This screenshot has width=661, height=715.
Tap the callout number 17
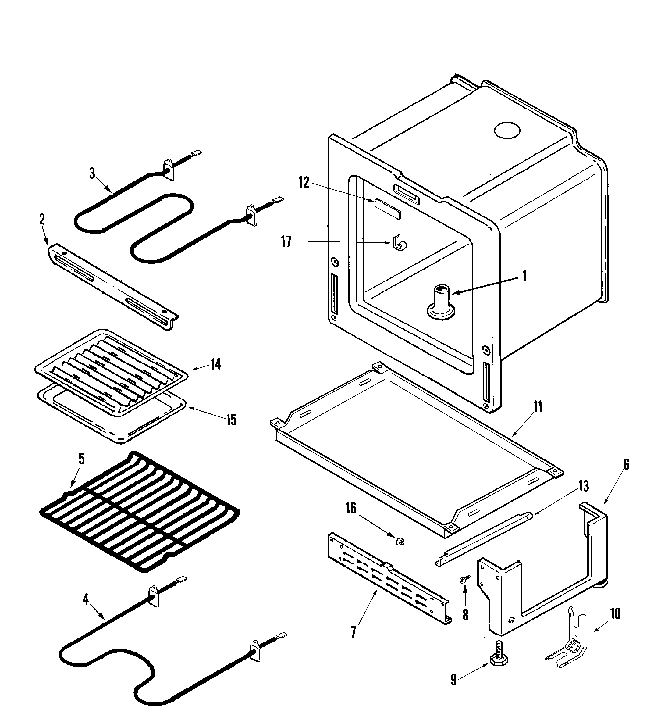[x=286, y=242]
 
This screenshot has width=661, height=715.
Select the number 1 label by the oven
[x=524, y=276]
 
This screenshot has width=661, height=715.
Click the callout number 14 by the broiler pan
[x=216, y=365]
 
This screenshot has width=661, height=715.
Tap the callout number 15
[x=231, y=420]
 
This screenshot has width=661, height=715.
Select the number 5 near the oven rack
[x=82, y=459]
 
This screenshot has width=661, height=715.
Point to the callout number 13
[x=583, y=486]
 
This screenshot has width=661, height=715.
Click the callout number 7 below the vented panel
[x=354, y=632]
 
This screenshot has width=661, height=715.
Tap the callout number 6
[x=626, y=464]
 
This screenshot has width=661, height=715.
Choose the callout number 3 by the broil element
[x=92, y=173]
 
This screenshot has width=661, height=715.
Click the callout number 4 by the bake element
[x=86, y=599]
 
